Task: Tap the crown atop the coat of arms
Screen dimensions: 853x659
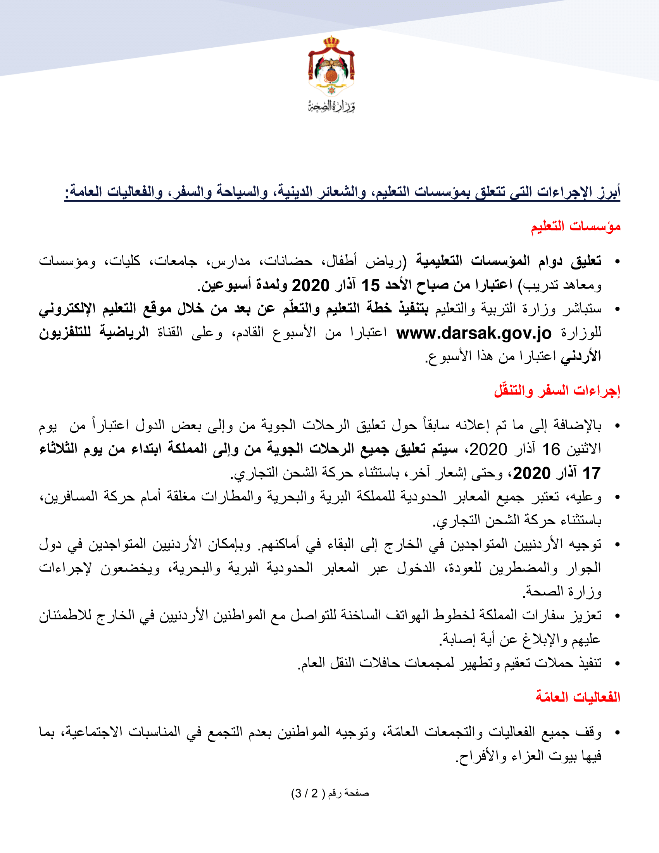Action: [331, 41]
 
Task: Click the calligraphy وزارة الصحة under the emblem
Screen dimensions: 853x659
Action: [331, 106]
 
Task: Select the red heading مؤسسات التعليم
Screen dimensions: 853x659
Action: [575, 226]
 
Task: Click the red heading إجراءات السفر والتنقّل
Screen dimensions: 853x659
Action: [557, 390]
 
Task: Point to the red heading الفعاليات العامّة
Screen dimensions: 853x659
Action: [578, 697]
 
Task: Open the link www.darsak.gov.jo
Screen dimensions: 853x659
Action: [474, 333]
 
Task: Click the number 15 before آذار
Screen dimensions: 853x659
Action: [371, 285]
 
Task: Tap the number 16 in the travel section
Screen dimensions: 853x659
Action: [551, 449]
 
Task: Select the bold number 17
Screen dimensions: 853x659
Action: [591, 473]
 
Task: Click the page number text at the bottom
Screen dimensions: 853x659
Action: [330, 793]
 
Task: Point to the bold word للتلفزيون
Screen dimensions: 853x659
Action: [65, 333]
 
